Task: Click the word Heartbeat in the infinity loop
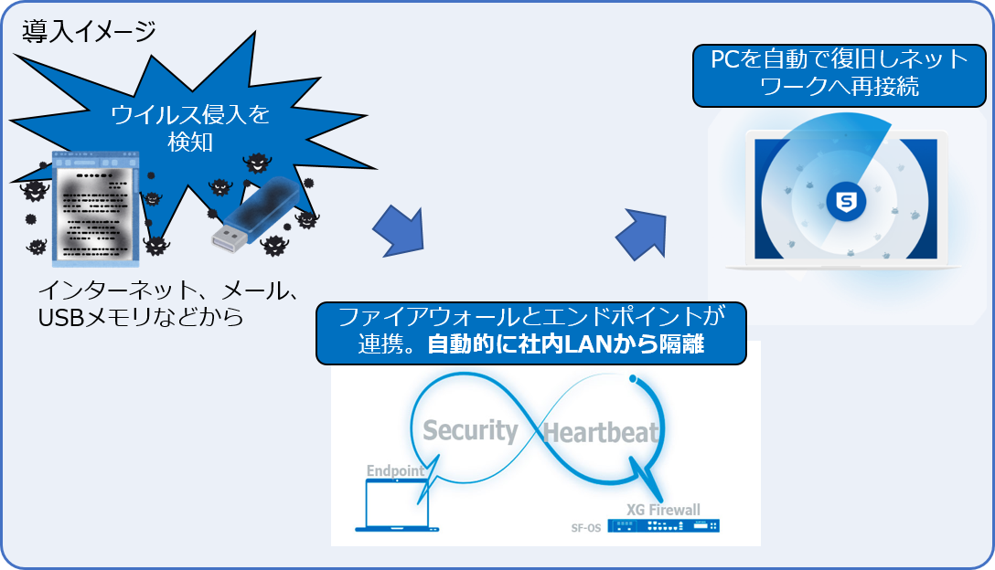click(x=601, y=433)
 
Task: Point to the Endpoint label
click(x=395, y=471)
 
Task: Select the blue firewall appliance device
click(x=667, y=526)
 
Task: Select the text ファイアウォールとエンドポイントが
click(x=530, y=317)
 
